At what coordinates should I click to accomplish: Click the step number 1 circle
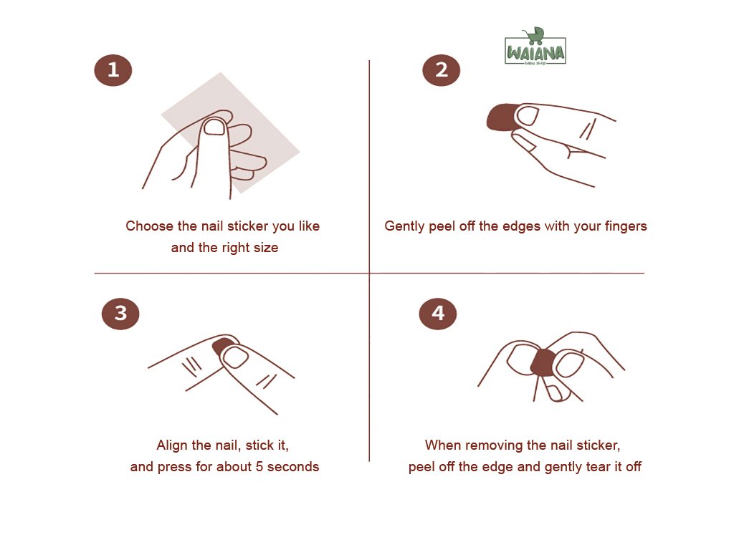coord(113,70)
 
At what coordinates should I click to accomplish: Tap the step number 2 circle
coord(441,70)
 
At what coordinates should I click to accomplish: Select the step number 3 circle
coord(120,314)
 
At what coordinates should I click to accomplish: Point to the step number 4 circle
coord(438,314)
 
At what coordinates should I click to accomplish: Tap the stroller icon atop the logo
coord(533,36)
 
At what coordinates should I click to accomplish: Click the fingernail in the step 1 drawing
coord(215,127)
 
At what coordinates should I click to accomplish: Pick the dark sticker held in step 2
coord(502,117)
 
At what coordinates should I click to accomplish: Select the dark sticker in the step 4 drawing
coord(543,362)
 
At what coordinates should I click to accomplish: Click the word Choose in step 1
coord(149,226)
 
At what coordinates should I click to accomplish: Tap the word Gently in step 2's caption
coord(404,227)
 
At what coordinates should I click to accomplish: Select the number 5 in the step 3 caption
coord(259,467)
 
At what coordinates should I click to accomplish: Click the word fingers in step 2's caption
coord(625,227)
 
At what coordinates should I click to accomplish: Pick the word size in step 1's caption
coord(266,248)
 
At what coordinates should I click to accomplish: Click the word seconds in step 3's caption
coord(293,467)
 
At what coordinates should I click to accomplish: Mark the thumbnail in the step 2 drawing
coord(528,115)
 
